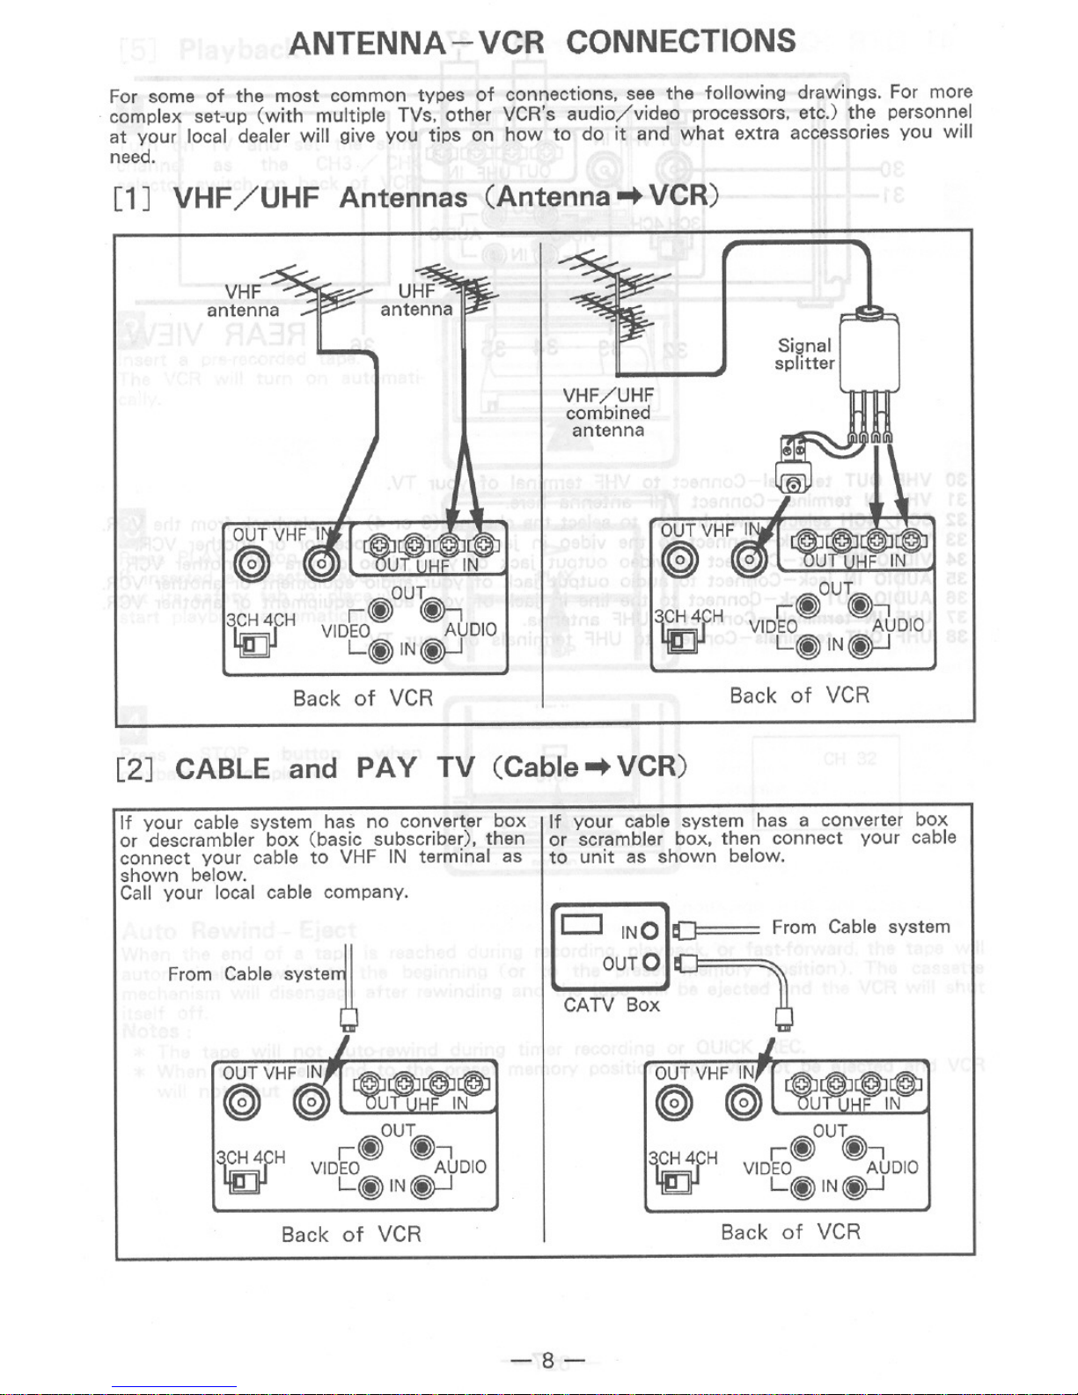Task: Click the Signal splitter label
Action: [x=804, y=354]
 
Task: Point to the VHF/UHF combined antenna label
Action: [x=608, y=412]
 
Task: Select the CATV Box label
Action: [x=611, y=1004]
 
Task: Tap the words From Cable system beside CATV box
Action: [x=861, y=927]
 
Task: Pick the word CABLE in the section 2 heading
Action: [x=223, y=767]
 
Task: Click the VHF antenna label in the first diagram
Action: [x=243, y=301]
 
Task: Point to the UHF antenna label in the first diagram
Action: [x=416, y=300]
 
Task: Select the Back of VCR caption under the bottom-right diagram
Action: [x=789, y=1231]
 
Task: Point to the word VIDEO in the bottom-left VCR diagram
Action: [x=335, y=1169]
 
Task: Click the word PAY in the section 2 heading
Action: [x=385, y=767]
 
